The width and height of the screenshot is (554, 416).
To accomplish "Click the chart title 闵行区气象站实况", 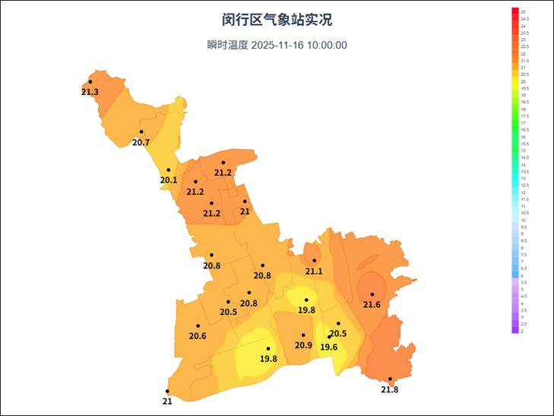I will [277, 20].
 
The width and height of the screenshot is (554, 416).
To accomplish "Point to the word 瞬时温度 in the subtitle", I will [227, 45].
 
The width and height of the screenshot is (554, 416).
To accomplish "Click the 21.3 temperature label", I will [90, 92].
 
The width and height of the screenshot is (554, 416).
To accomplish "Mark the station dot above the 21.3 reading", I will [90, 81].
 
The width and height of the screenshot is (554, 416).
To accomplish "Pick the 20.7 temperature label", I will [141, 142].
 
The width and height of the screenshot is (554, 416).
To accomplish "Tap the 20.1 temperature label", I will [168, 180].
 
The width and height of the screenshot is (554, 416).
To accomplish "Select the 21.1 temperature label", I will [314, 271].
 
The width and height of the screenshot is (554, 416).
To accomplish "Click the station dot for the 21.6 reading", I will [372, 294].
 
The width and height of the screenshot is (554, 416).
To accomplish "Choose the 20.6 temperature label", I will [198, 336].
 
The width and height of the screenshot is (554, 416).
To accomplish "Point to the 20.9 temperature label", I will [303, 345].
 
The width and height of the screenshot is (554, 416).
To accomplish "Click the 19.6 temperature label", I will [328, 348].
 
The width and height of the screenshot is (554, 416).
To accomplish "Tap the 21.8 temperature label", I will [389, 389].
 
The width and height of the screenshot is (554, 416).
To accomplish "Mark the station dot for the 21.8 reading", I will [390, 379].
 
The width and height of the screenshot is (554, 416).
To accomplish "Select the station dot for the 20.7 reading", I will [141, 132].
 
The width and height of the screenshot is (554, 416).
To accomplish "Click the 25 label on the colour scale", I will [523, 12].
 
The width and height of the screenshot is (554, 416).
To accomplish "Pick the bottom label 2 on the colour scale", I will [521, 331].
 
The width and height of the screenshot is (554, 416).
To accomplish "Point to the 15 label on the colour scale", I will [523, 151].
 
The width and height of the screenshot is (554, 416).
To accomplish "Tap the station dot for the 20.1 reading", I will [168, 170].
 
